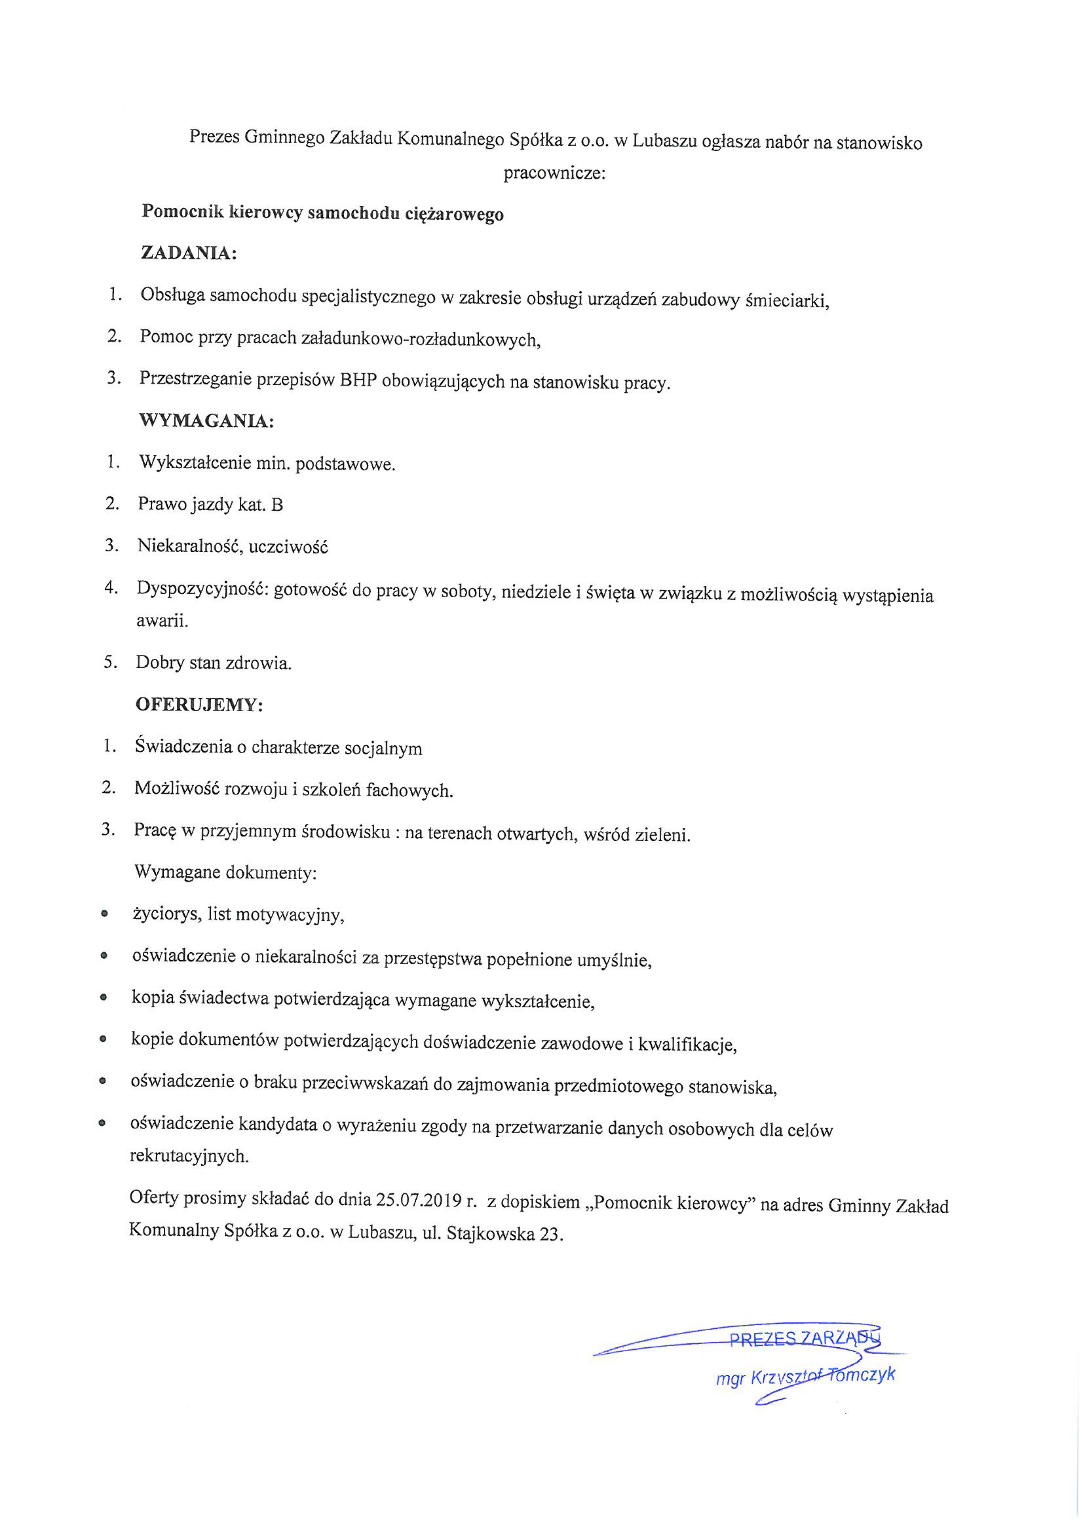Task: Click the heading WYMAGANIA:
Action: (206, 421)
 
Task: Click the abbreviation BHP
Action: (358, 380)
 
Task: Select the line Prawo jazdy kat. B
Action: (210, 505)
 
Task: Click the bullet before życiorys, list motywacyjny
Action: (104, 914)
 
